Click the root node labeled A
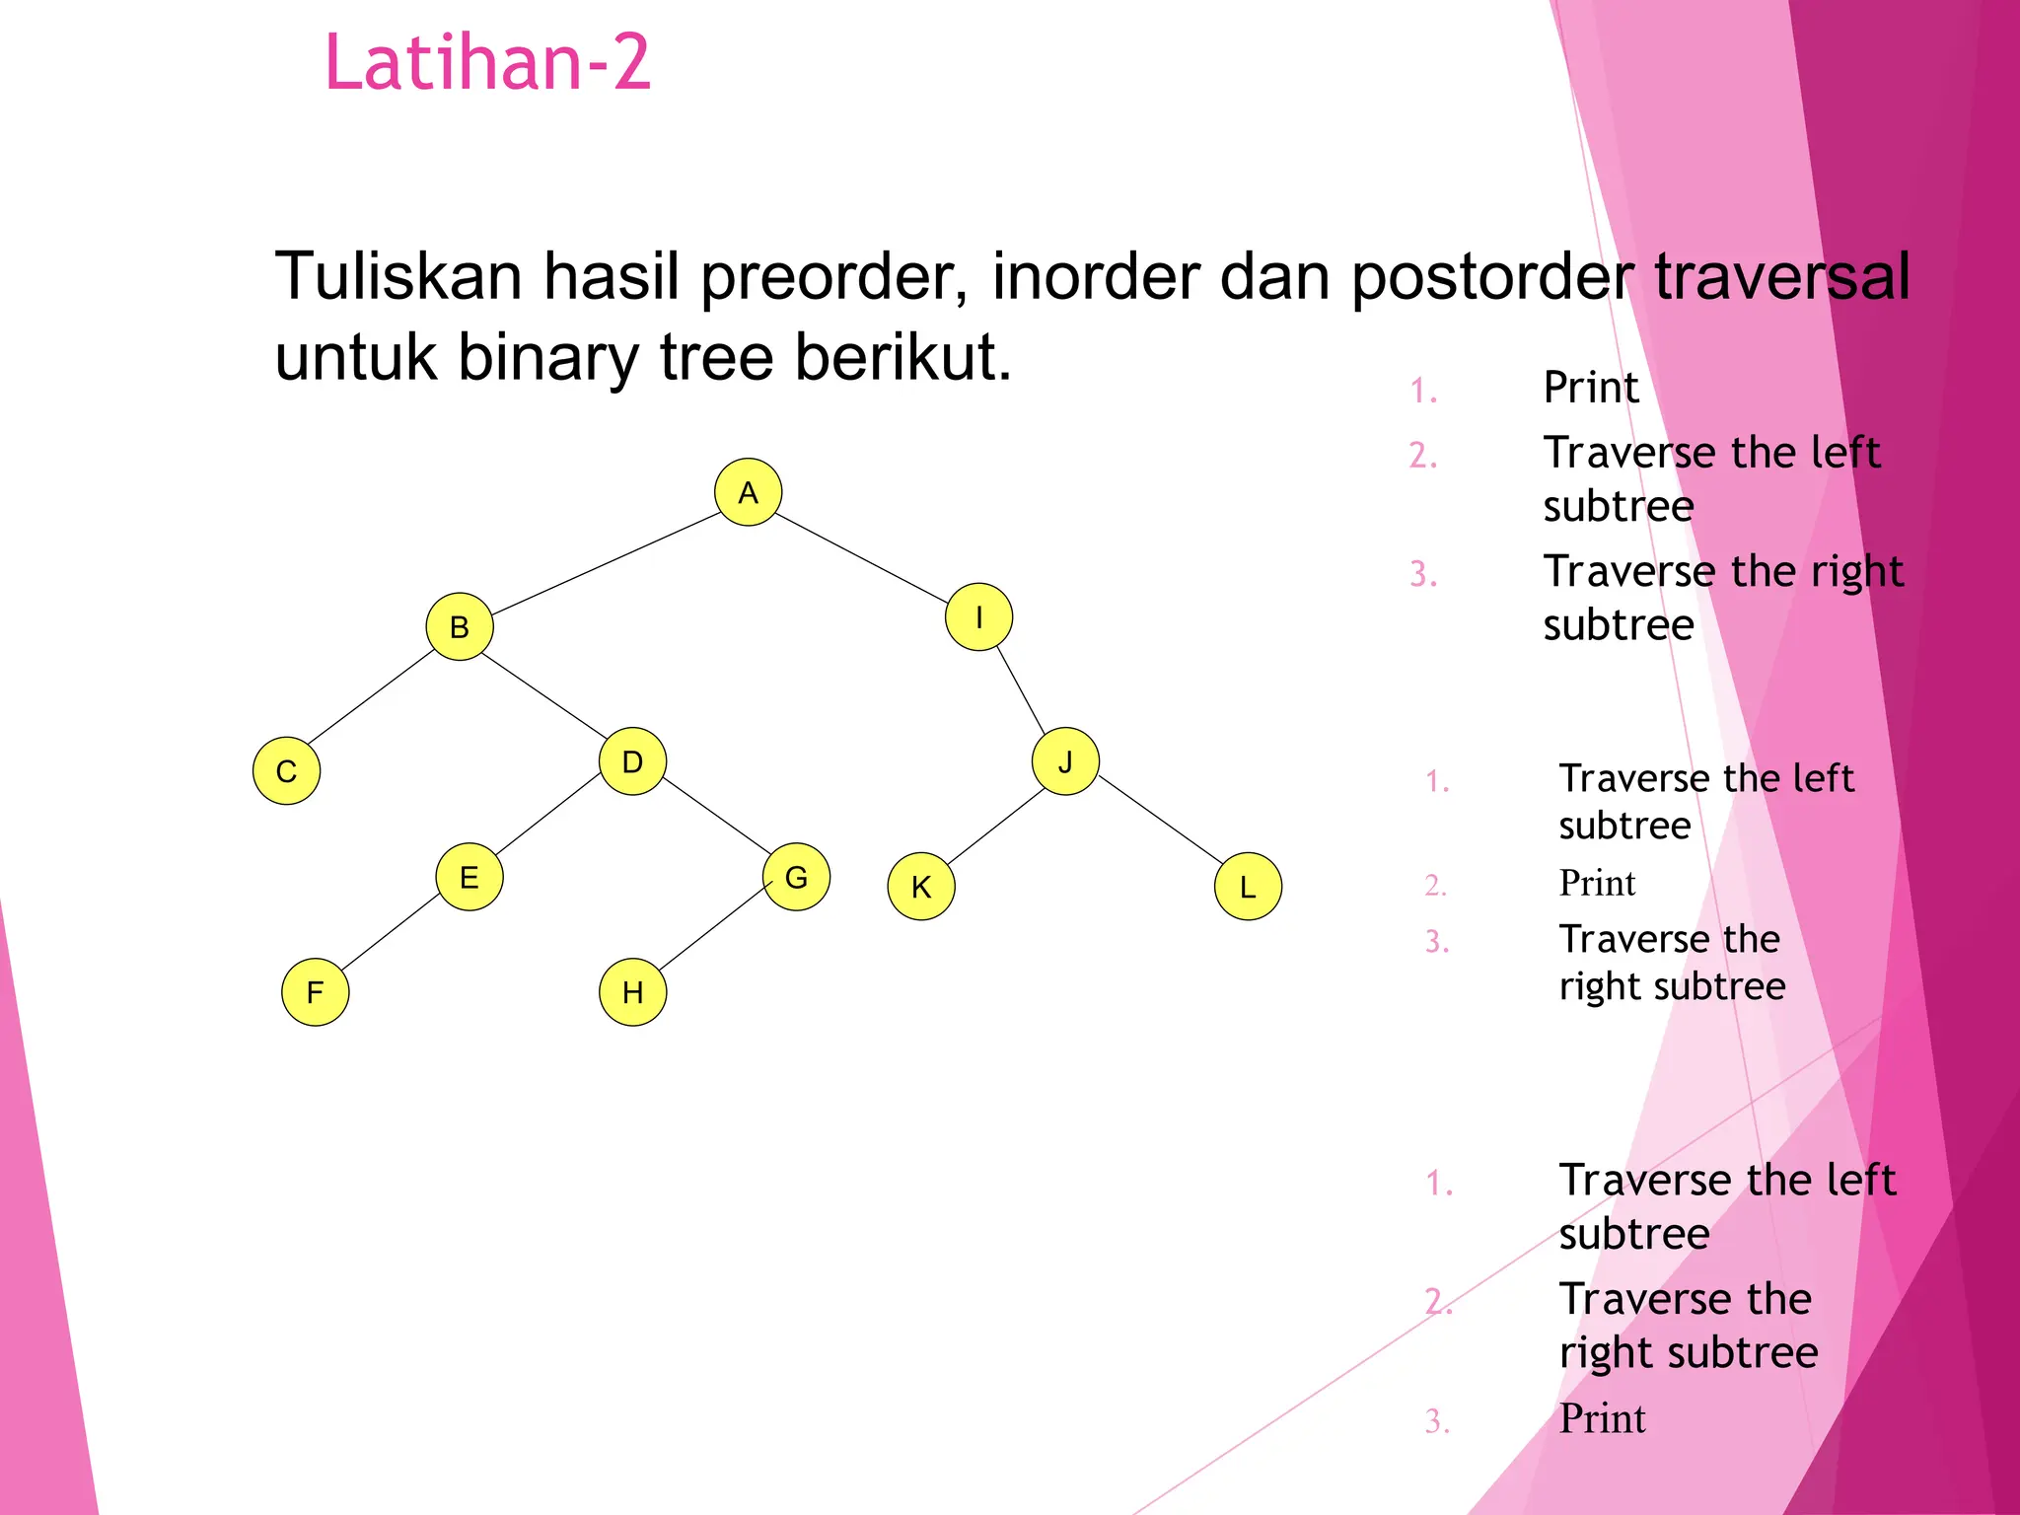pyautogui.click(x=748, y=492)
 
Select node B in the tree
pyautogui.click(x=460, y=626)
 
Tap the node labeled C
pyautogui.click(x=286, y=771)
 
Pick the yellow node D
pyautogui.click(x=632, y=761)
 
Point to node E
pyautogui.click(x=469, y=877)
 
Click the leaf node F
pyautogui.click(x=316, y=992)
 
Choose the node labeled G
pyautogui.click(x=796, y=877)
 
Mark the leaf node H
pyautogui.click(x=633, y=992)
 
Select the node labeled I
pyautogui.click(x=978, y=617)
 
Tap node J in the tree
pyautogui.click(x=1065, y=761)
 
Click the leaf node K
pyautogui.click(x=921, y=887)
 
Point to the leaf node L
pyautogui.click(x=1248, y=887)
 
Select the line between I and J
pyautogui.click(x=1021, y=689)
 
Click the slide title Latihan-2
pyautogui.click(x=487, y=62)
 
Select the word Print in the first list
pyautogui.click(x=1590, y=387)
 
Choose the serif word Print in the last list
pyautogui.click(x=1602, y=1418)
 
